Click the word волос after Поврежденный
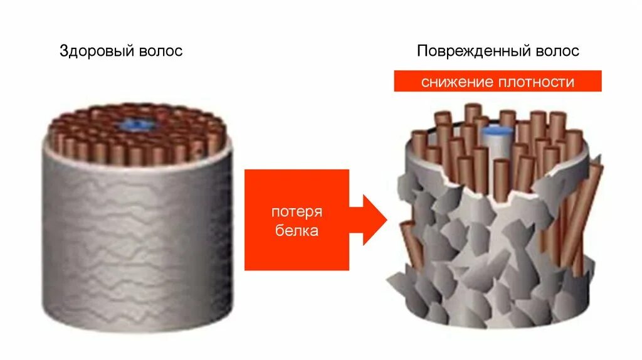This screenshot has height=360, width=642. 557,51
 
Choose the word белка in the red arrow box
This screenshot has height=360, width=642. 297,231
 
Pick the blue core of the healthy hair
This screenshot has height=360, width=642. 135,123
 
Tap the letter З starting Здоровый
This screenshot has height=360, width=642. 63,51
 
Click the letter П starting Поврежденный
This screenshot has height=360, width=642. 421,51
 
